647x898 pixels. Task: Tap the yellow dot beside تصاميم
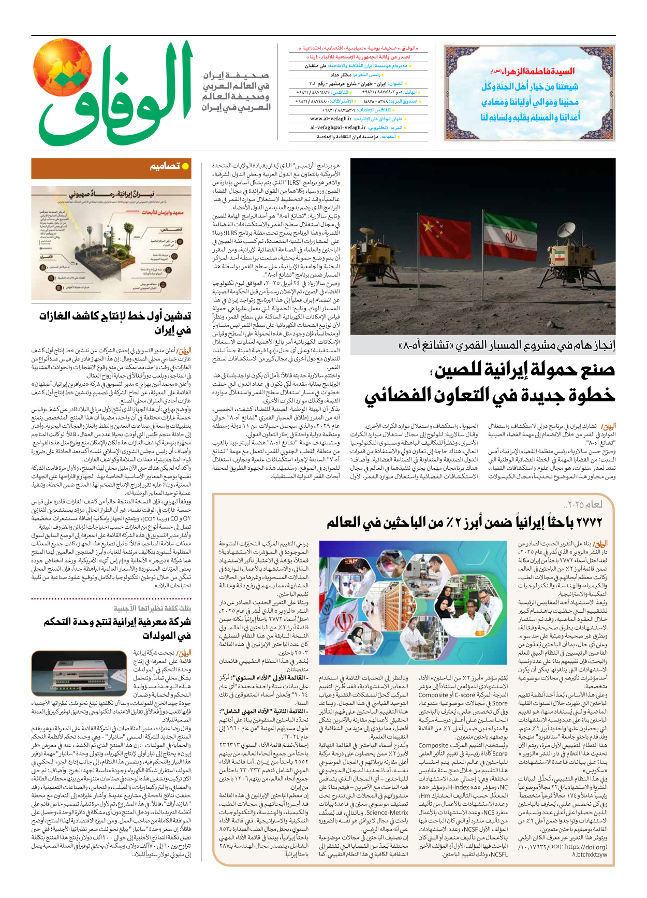click(x=185, y=166)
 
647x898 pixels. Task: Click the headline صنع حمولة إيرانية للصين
click(x=523, y=370)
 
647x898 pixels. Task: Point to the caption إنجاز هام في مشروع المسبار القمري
click(x=507, y=346)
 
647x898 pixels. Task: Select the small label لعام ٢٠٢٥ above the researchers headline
click(x=583, y=504)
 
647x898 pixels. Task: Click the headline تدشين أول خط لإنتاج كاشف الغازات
click(x=115, y=322)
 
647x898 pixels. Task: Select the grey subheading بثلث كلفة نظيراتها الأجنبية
click(x=153, y=608)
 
